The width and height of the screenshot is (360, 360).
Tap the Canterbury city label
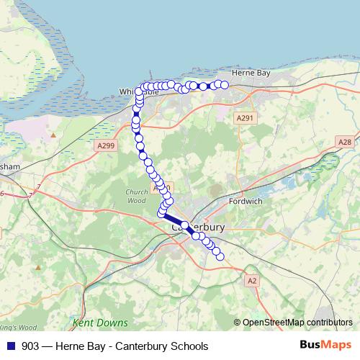[199, 227]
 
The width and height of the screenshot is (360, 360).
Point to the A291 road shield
[245, 117]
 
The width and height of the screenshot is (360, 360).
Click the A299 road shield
[106, 145]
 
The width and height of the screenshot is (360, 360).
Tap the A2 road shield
[251, 280]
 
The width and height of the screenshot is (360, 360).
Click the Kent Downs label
[100, 323]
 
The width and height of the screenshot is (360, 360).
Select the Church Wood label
[135, 197]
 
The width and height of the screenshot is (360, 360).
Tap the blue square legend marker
[10, 346]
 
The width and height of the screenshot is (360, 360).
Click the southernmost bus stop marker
[220, 257]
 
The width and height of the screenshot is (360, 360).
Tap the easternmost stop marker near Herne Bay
[225, 85]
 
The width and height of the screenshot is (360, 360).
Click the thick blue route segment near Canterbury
[175, 220]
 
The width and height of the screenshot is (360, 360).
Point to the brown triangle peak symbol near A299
[53, 134]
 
